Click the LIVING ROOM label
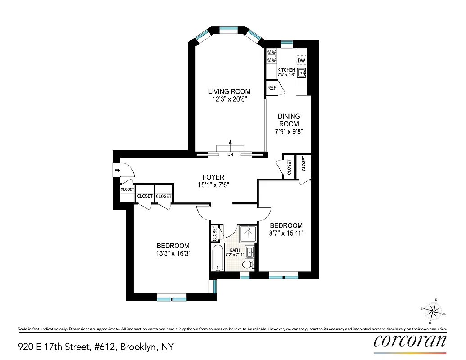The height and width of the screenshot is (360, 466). click(230, 92)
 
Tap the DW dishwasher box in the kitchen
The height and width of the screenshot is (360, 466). click(301, 60)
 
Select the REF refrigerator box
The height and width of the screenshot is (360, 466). click(272, 88)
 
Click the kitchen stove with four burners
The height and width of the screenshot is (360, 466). click(271, 55)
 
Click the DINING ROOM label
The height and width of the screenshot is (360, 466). click(289, 120)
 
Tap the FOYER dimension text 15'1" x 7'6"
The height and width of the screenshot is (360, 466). click(213, 184)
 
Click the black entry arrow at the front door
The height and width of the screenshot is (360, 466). click(117, 171)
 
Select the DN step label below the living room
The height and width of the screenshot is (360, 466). click(230, 155)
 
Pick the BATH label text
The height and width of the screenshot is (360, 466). click(235, 250)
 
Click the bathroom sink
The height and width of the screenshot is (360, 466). click(250, 252)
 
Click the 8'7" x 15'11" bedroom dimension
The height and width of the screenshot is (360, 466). click(286, 233)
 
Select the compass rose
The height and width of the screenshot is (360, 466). click(433, 310)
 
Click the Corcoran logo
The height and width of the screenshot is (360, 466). click(410, 341)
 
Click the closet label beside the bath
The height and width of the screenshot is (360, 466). click(214, 233)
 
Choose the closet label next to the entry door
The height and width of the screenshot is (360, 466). click(127, 189)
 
